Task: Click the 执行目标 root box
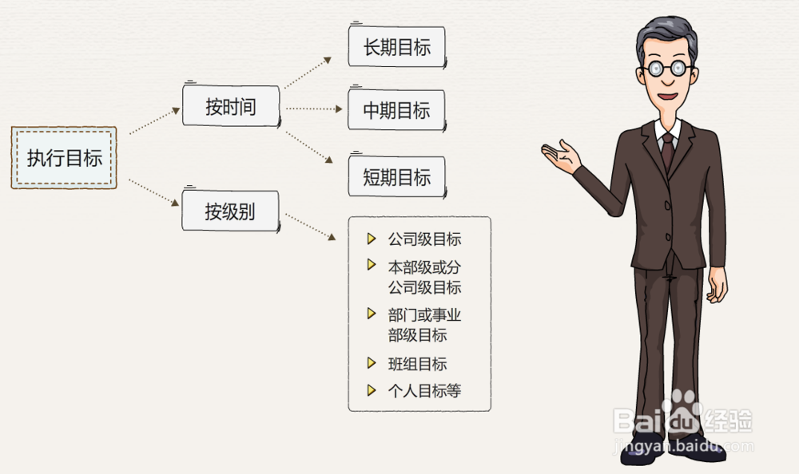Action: point(64,157)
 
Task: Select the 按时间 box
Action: point(231,106)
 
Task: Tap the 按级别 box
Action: point(230,211)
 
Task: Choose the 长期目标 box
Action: point(396,46)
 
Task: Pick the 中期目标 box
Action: point(396,110)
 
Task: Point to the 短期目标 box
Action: point(396,176)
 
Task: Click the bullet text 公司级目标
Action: point(424,239)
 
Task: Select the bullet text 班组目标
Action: point(417,364)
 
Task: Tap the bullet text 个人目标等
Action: point(424,391)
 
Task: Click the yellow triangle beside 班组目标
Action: point(371,363)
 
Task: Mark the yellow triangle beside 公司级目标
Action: point(371,239)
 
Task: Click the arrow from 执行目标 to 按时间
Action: point(154,122)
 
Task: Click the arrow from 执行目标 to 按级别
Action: point(154,193)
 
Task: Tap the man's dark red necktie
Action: point(667,151)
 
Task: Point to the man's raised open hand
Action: point(562,156)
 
